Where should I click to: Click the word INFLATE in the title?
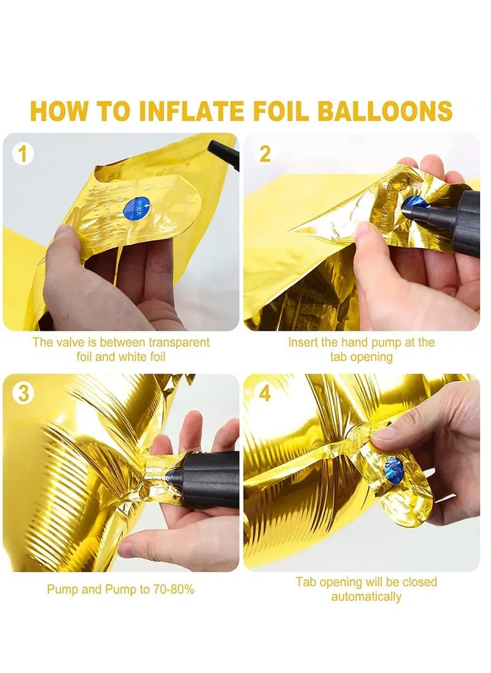(193, 111)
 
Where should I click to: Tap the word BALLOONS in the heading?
(385, 111)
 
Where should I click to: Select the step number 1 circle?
(23, 154)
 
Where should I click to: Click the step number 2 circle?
(265, 154)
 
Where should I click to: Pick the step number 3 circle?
(23, 394)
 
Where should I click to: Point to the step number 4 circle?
(265, 394)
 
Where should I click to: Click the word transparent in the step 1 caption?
(178, 342)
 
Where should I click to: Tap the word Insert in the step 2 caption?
(303, 342)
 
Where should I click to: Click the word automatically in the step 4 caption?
(366, 596)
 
